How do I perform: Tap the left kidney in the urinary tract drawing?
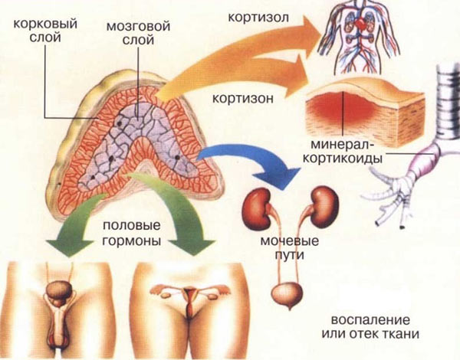(254, 206)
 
